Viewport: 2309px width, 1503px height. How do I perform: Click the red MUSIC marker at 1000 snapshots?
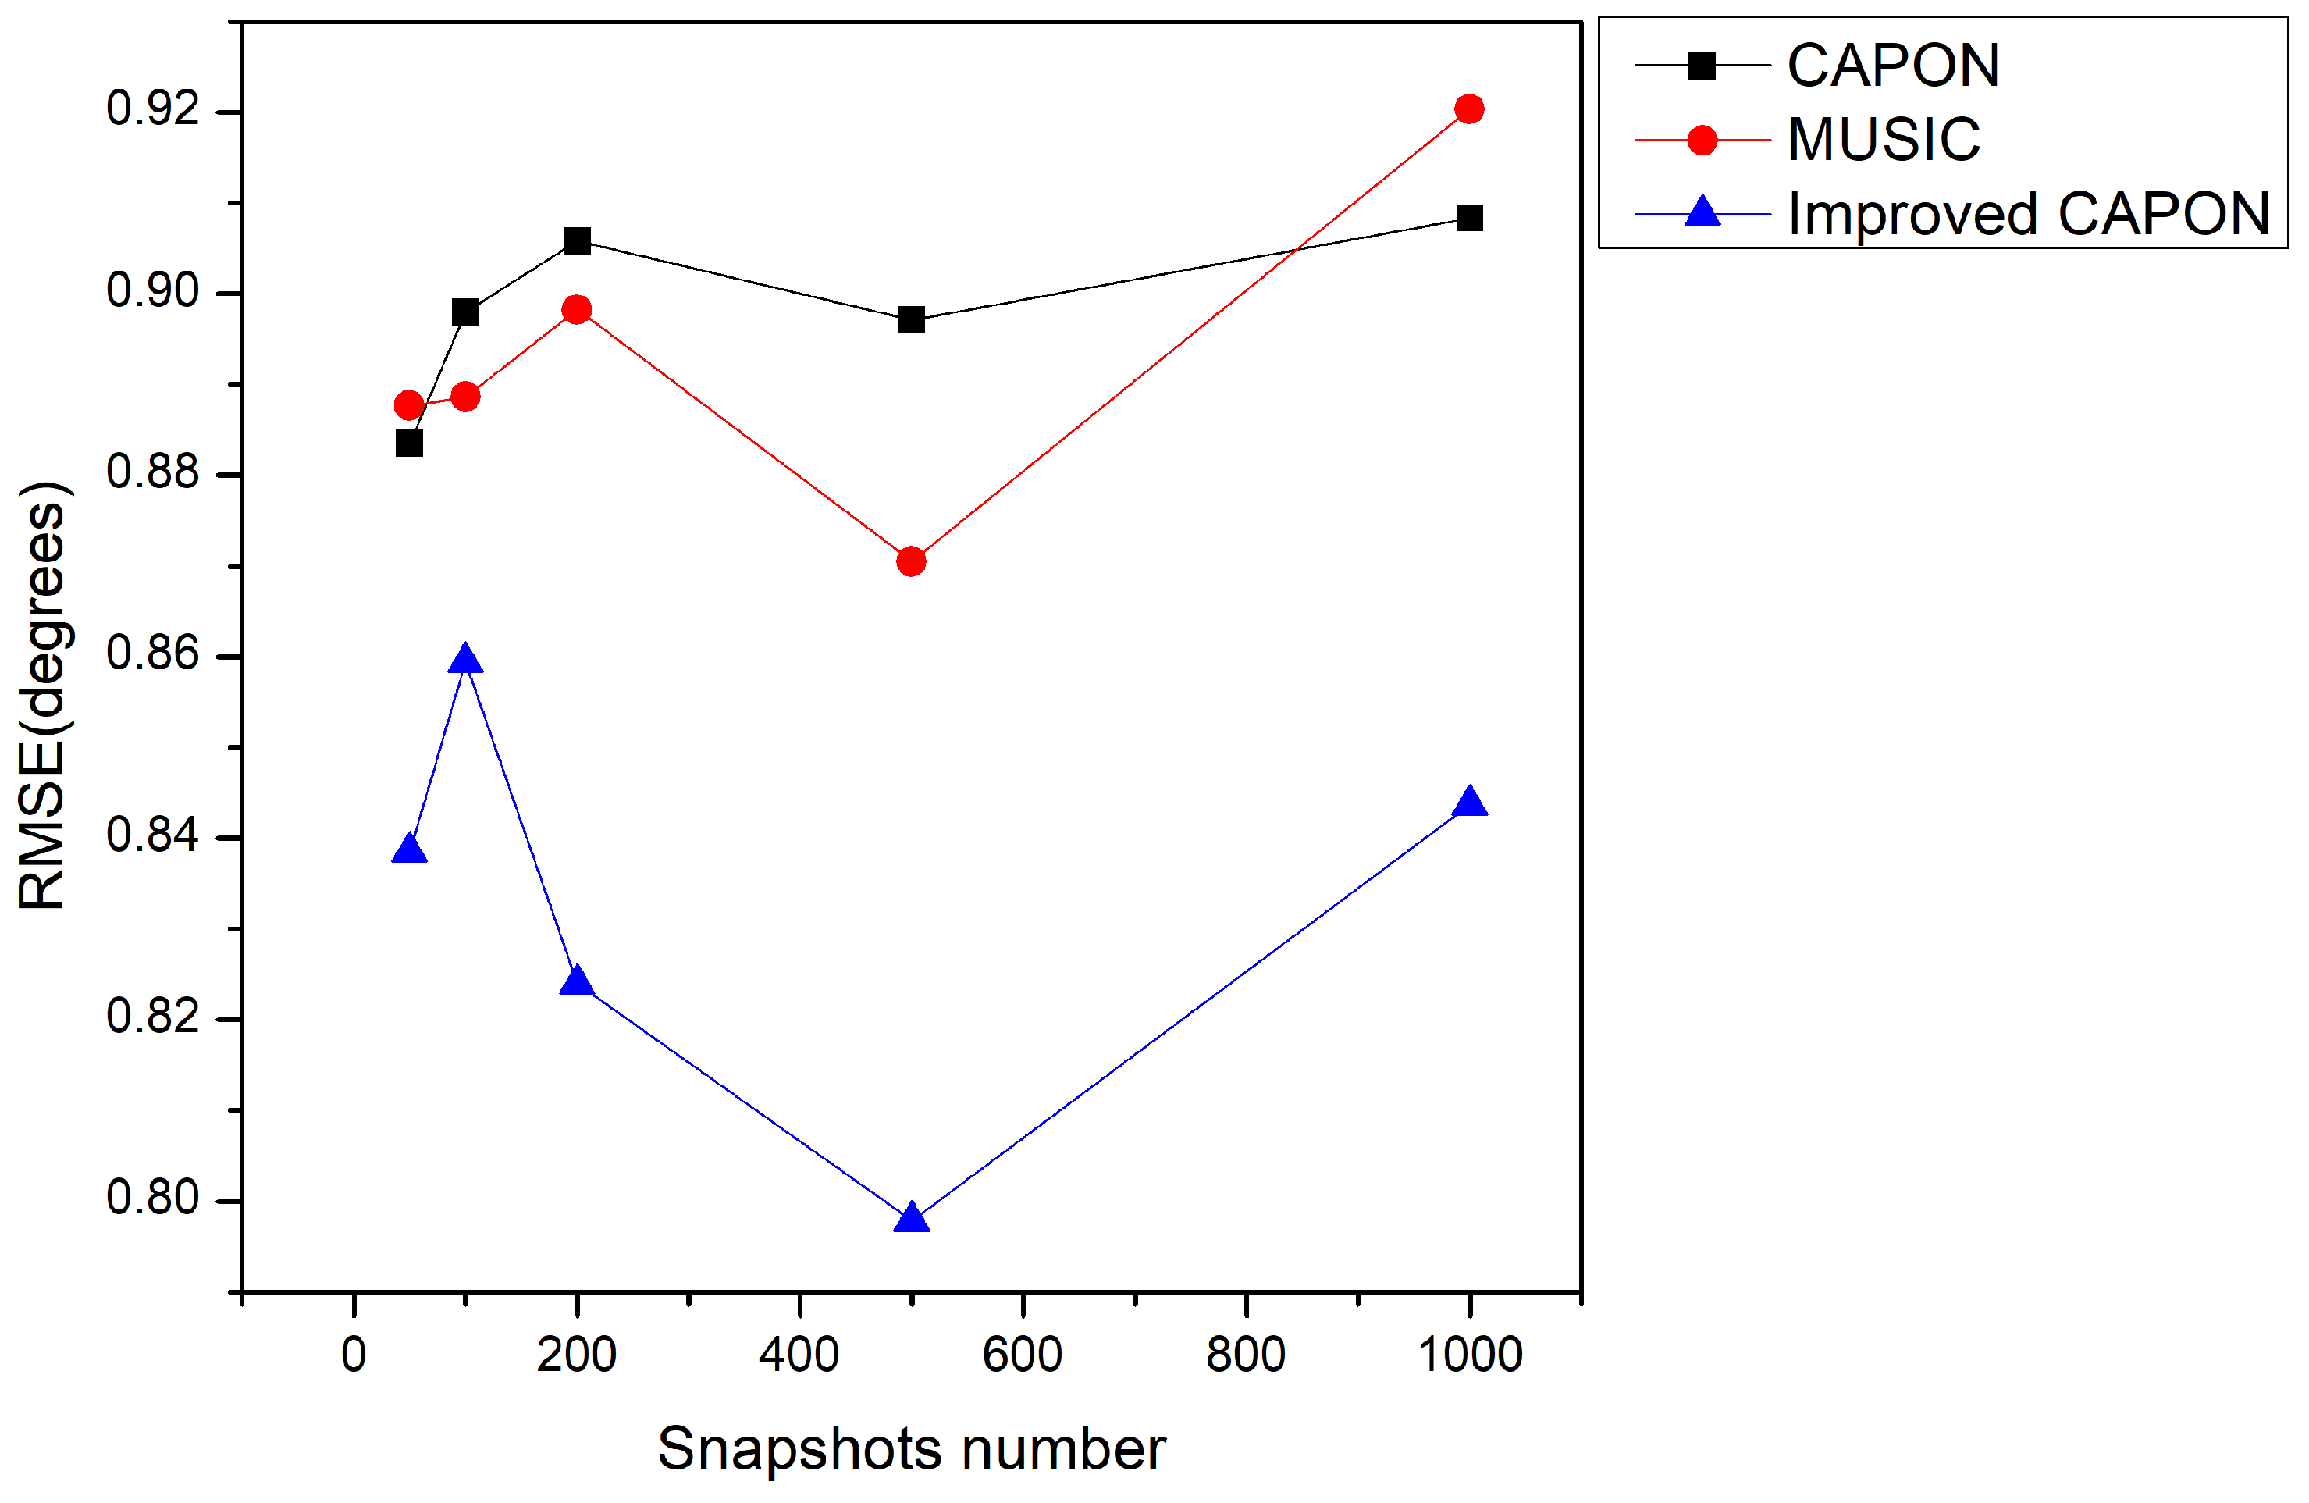coord(1469,109)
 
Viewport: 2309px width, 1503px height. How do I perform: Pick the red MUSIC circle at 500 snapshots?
coord(911,561)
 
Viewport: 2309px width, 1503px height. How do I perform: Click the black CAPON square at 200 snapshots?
coord(578,240)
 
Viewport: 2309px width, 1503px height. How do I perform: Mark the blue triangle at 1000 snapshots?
coord(1470,803)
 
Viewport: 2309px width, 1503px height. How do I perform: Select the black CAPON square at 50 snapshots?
coord(409,443)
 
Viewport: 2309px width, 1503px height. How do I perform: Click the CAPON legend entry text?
coord(1893,66)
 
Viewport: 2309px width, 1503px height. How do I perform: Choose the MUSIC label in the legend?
coord(1883,140)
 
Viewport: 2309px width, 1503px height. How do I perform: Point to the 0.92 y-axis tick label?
coord(152,109)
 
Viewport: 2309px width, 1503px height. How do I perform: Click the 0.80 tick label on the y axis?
coord(152,1198)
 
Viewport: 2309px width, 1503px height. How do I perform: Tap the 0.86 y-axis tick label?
coord(152,653)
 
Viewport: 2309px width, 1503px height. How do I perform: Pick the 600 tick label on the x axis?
coord(1022,1355)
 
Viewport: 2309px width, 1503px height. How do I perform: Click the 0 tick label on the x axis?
coord(354,1355)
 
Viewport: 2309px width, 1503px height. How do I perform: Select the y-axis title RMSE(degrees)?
coord(43,695)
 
